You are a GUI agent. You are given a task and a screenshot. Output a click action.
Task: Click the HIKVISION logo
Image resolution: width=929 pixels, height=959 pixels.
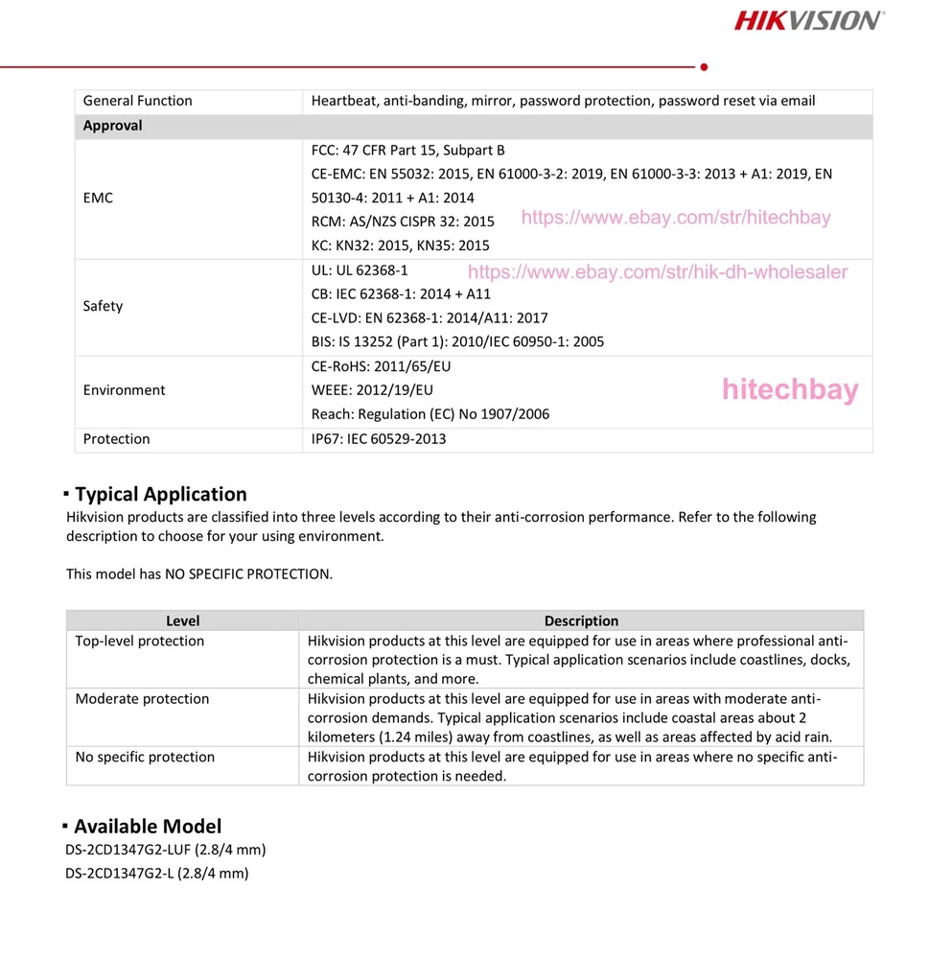click(809, 20)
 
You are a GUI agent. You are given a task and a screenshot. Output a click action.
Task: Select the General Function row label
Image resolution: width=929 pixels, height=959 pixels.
click(137, 101)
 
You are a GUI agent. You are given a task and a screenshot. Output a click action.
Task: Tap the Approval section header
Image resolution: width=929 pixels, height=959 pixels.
click(112, 126)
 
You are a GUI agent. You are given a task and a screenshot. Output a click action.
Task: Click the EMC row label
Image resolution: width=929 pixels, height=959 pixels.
click(98, 198)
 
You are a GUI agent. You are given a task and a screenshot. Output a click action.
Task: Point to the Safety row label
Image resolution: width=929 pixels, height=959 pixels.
click(103, 306)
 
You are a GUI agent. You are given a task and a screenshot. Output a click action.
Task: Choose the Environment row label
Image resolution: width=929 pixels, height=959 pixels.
click(124, 390)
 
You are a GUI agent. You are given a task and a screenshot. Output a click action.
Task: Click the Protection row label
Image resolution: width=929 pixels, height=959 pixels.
click(116, 439)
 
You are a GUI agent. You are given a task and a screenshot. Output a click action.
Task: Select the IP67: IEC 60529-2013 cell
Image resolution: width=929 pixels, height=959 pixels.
click(379, 439)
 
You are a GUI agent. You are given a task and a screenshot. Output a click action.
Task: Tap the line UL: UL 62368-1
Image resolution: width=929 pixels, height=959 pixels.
click(360, 270)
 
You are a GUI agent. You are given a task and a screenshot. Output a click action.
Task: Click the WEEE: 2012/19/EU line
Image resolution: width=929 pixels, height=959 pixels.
click(372, 390)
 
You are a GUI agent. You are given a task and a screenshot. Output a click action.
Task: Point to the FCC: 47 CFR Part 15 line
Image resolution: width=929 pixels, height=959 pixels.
click(407, 151)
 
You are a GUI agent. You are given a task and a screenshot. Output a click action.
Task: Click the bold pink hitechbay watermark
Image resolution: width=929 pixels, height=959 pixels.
click(790, 389)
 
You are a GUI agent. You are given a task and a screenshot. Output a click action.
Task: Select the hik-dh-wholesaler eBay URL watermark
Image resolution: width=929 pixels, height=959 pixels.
click(658, 272)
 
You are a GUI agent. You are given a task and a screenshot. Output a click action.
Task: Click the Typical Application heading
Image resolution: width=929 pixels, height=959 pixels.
click(160, 494)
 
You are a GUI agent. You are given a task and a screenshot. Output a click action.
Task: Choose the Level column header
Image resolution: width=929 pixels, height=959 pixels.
click(182, 621)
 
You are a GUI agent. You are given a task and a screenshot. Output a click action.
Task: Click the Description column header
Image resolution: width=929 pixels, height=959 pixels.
click(581, 621)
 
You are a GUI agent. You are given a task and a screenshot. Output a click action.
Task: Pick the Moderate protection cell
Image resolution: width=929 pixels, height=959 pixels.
click(142, 699)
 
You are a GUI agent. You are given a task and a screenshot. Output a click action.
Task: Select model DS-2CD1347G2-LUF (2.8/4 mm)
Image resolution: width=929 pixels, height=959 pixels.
click(165, 850)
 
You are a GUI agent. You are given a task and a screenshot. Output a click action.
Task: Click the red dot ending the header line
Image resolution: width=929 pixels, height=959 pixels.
click(705, 67)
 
